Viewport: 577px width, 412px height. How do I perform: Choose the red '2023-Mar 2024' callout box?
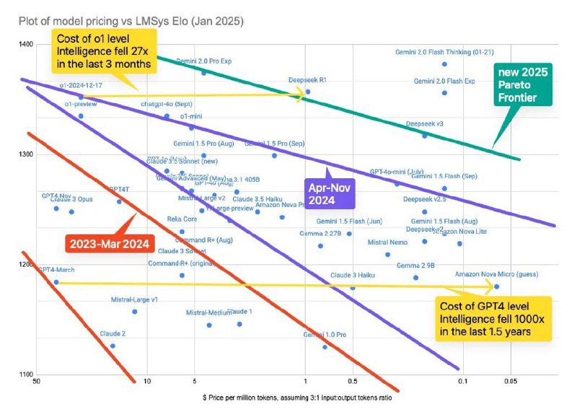(108, 243)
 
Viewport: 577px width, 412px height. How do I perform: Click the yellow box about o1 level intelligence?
(105, 51)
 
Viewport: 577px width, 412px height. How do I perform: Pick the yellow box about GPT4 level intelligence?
(495, 318)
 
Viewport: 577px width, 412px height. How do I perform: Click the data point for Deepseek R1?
(308, 92)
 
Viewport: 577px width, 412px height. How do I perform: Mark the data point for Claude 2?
(113, 346)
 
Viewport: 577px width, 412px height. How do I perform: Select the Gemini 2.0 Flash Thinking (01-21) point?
(444, 64)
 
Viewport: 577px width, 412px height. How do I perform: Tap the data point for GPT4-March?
(56, 282)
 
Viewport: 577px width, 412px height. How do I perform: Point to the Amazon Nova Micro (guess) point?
(496, 286)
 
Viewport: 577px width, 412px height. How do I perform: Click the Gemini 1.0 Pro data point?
(325, 346)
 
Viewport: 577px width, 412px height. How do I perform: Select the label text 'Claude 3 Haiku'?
(353, 276)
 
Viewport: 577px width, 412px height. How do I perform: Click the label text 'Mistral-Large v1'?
(134, 299)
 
